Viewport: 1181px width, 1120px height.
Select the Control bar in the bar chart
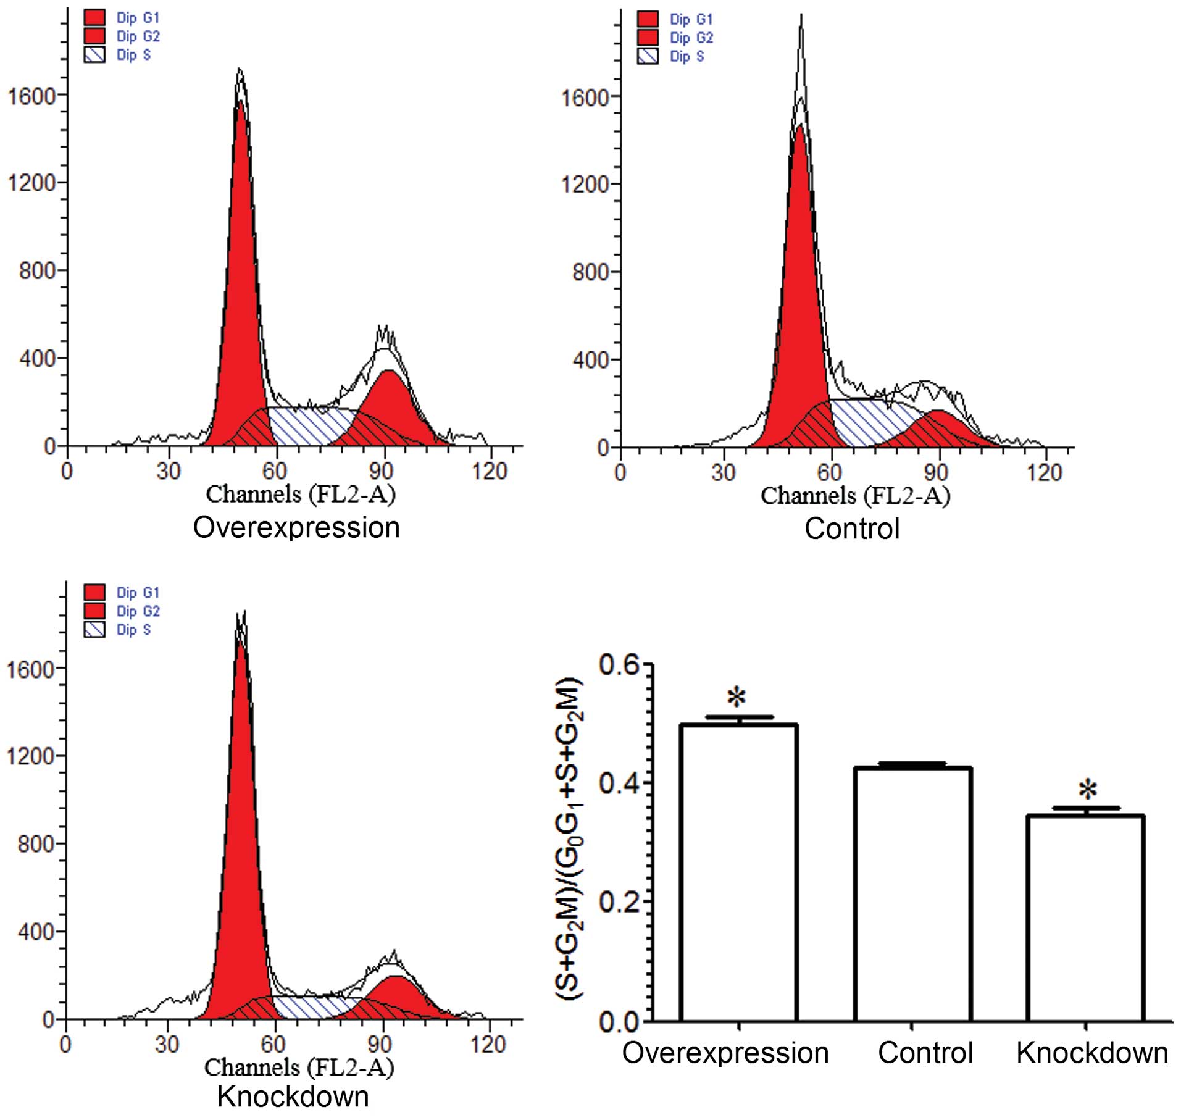tap(912, 895)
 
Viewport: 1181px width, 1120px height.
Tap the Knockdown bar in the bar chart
tap(1085, 920)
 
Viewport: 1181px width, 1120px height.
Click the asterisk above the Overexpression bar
tap(737, 698)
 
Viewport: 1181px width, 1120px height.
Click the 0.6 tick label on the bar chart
tap(619, 665)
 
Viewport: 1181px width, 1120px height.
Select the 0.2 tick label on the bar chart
tap(619, 902)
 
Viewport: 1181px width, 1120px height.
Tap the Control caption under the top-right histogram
tap(852, 529)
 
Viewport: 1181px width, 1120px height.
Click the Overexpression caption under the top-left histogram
tap(296, 528)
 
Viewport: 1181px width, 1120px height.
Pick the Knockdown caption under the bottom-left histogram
tap(293, 1097)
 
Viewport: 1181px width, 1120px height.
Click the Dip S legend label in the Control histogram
tap(686, 57)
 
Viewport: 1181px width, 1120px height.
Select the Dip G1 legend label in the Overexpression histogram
tap(138, 19)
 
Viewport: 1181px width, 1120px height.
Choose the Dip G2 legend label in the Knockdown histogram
tap(138, 611)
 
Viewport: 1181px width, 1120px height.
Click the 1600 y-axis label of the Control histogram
tap(584, 98)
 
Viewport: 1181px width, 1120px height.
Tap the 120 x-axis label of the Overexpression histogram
tap(490, 472)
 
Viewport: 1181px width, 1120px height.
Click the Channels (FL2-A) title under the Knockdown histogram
tap(299, 1067)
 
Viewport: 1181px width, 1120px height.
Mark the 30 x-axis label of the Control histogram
tap(723, 473)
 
